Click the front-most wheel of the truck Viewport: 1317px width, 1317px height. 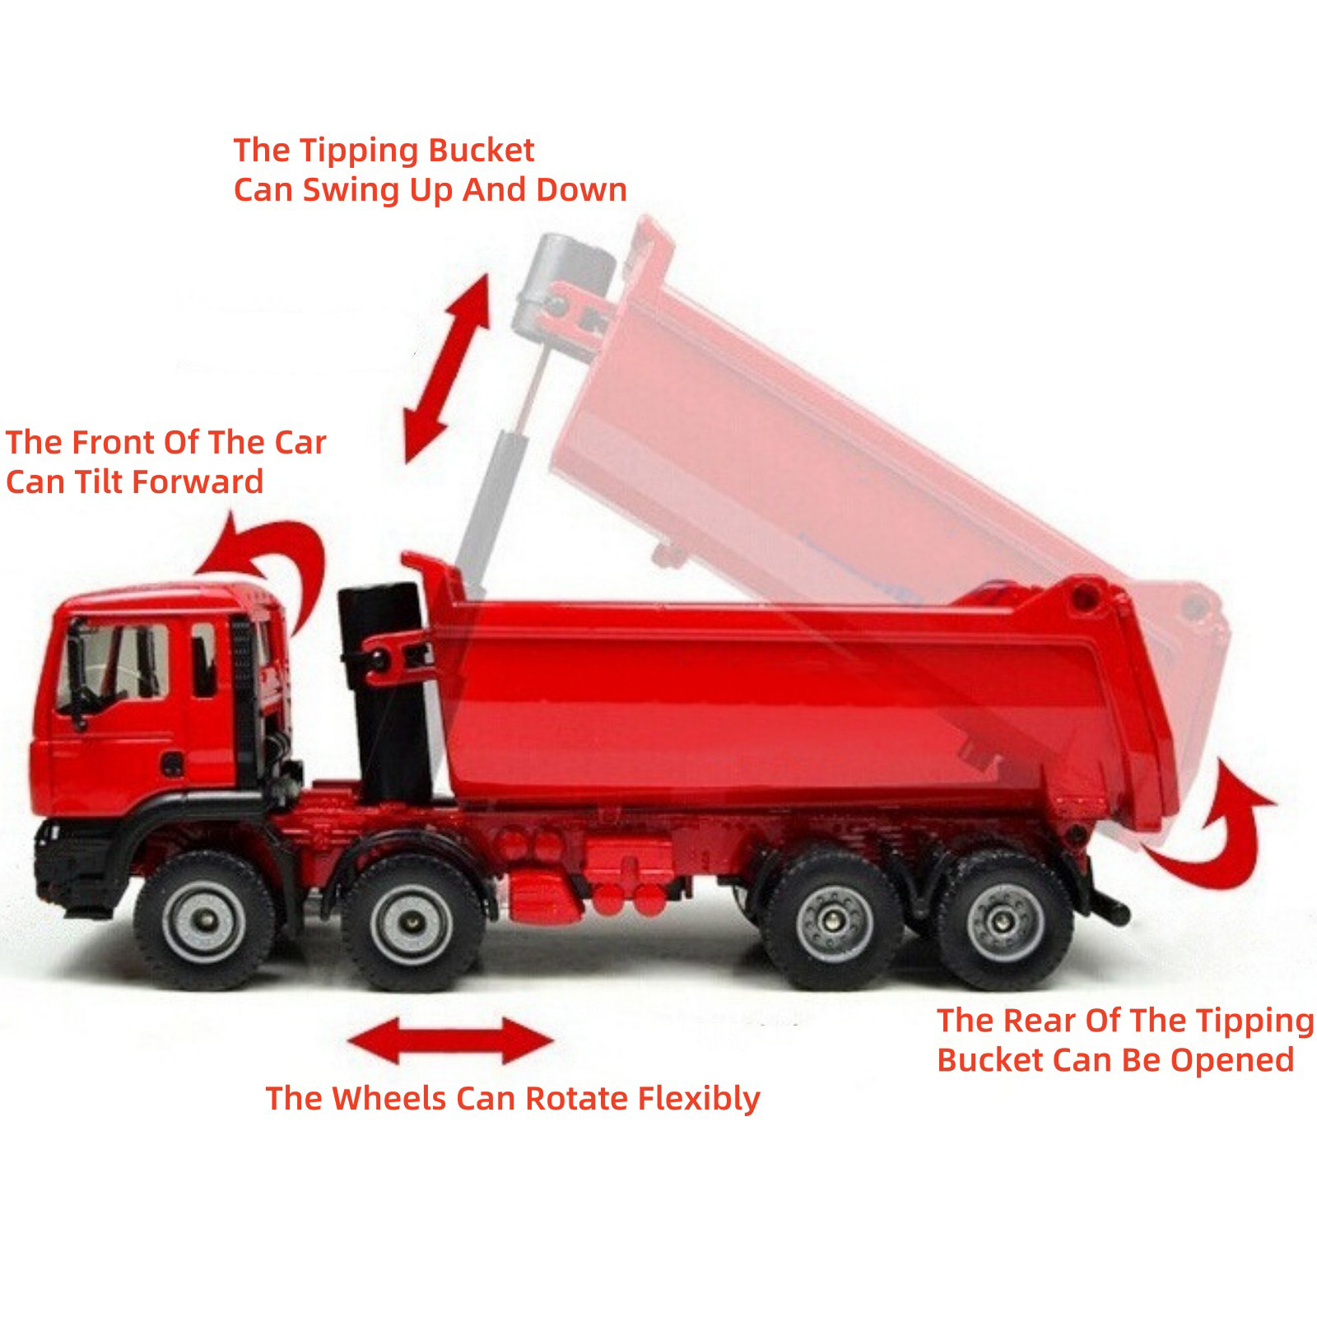tap(204, 920)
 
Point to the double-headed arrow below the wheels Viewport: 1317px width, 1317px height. tap(450, 1041)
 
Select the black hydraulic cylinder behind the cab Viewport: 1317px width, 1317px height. tap(383, 691)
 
